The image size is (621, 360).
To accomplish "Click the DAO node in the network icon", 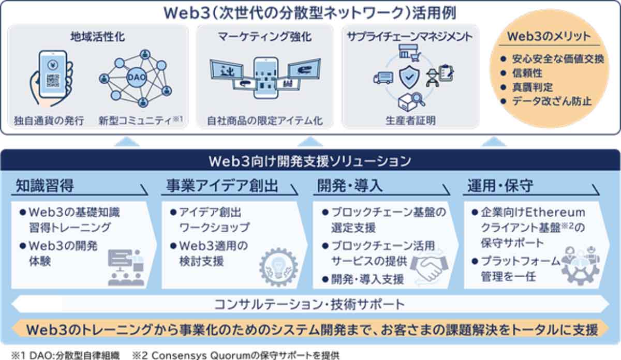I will click(x=132, y=76).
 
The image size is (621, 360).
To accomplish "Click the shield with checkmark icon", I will click(x=409, y=78).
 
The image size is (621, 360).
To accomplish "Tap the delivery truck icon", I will click(x=382, y=78).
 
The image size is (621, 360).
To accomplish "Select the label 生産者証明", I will click(x=410, y=121).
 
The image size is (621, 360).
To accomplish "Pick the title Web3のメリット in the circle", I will click(x=548, y=37).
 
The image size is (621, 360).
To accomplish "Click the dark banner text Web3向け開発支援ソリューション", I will click(x=310, y=160).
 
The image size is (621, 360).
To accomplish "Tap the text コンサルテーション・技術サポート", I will click(x=309, y=304).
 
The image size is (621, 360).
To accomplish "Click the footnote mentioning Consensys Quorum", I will click(x=235, y=355).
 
